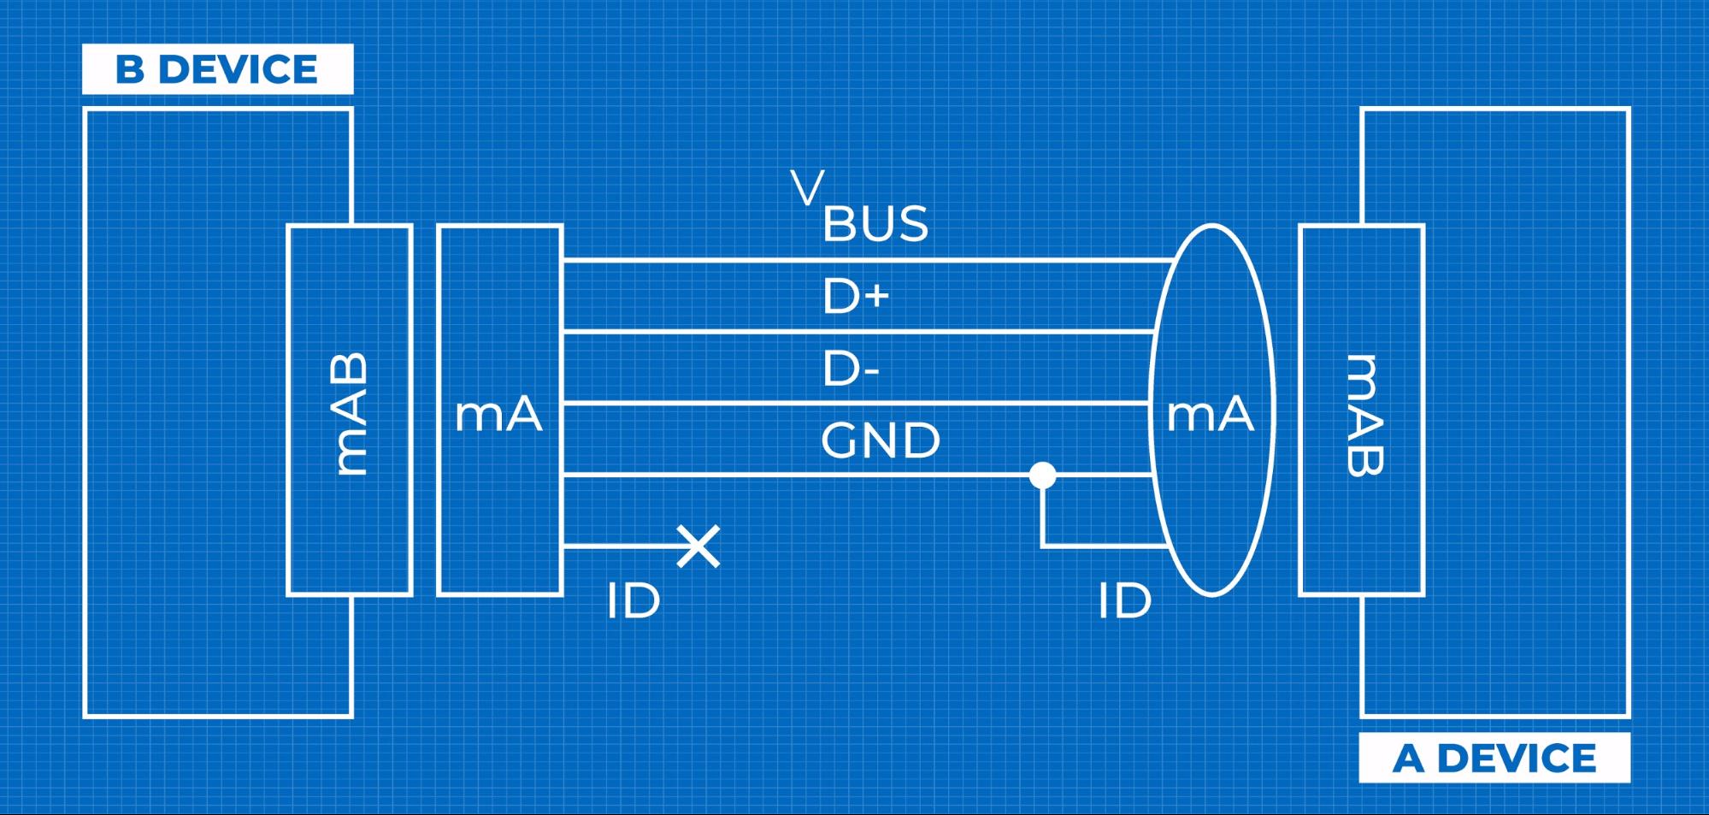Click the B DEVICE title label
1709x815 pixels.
coord(217,69)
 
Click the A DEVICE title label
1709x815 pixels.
coord(1494,758)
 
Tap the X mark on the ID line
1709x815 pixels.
coord(698,546)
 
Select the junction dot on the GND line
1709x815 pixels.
coord(1042,475)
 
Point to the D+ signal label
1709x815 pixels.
coord(856,297)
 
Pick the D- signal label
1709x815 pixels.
coord(851,369)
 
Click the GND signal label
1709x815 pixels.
coord(880,441)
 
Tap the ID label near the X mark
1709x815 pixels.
coord(634,600)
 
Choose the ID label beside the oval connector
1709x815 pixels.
coord(1124,600)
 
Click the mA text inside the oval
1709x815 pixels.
coord(1210,415)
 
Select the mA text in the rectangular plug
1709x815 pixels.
coord(498,415)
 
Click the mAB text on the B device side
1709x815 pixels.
coord(350,413)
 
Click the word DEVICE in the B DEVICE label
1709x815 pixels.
coord(250,69)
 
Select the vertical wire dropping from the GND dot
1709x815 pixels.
coord(1042,513)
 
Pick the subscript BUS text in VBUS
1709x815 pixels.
coord(875,224)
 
